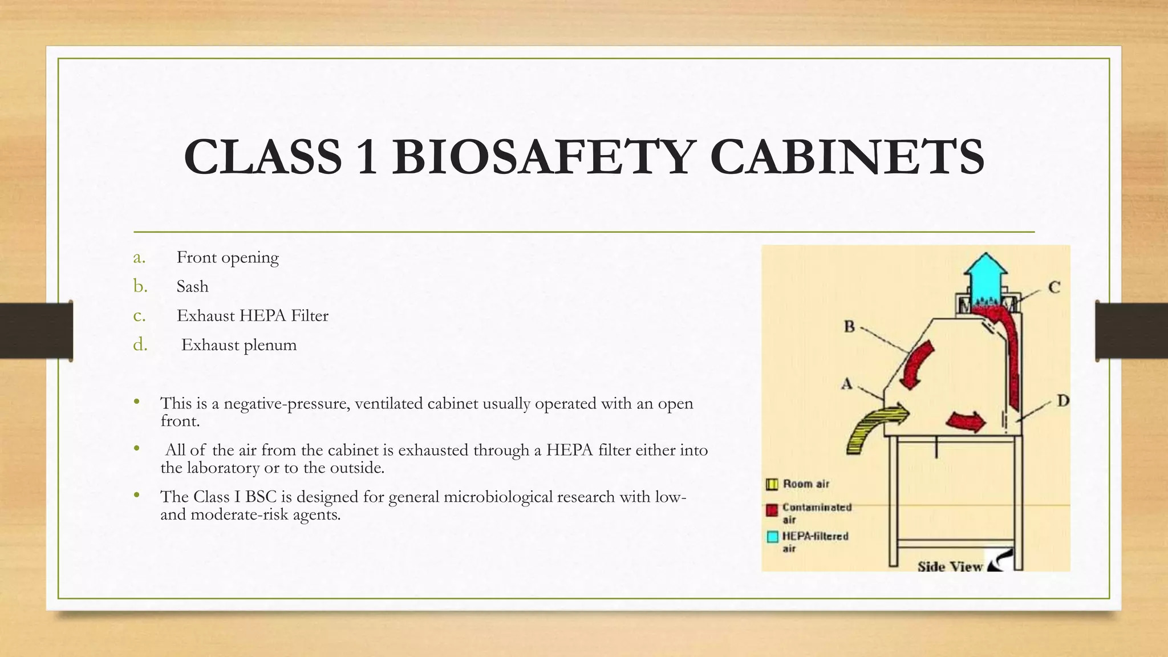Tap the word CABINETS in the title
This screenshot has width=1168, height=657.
pyautogui.click(x=847, y=157)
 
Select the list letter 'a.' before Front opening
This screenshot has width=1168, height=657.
pyautogui.click(x=139, y=258)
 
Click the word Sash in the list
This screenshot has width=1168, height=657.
pyautogui.click(x=192, y=286)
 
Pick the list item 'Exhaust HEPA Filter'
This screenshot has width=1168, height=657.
pyautogui.click(x=252, y=315)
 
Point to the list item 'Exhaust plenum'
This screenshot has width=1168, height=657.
pyautogui.click(x=239, y=345)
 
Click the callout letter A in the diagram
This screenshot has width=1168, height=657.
pyautogui.click(x=847, y=384)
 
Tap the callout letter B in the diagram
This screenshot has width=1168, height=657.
pyautogui.click(x=849, y=327)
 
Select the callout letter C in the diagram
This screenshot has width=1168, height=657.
pyautogui.click(x=1054, y=287)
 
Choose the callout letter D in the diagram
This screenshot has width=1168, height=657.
pyautogui.click(x=1062, y=401)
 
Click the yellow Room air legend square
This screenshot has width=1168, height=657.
pyautogui.click(x=772, y=485)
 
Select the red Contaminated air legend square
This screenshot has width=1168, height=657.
pyautogui.click(x=772, y=510)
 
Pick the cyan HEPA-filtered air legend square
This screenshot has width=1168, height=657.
pyautogui.click(x=772, y=537)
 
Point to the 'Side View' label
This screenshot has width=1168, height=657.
pyautogui.click(x=950, y=566)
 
